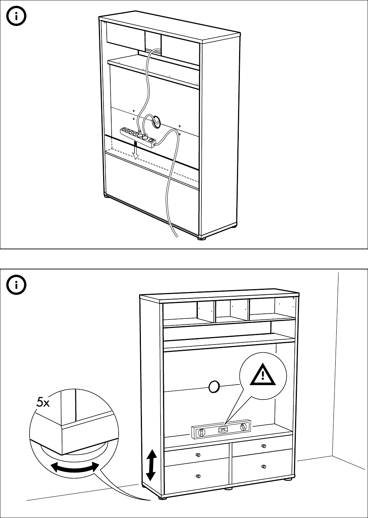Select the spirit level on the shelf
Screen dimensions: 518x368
pyautogui.click(x=222, y=429)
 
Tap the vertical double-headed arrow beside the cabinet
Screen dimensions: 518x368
pyautogui.click(x=151, y=465)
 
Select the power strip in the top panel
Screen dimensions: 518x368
pyautogui.click(x=138, y=136)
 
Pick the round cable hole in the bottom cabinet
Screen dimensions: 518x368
pyautogui.click(x=214, y=386)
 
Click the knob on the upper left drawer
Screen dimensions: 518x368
pyautogui.click(x=198, y=455)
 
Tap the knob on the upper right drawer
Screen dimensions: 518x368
pyautogui.click(x=263, y=446)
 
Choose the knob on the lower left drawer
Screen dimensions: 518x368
pyautogui.click(x=198, y=476)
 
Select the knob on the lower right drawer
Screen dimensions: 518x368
pyautogui.click(x=263, y=467)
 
